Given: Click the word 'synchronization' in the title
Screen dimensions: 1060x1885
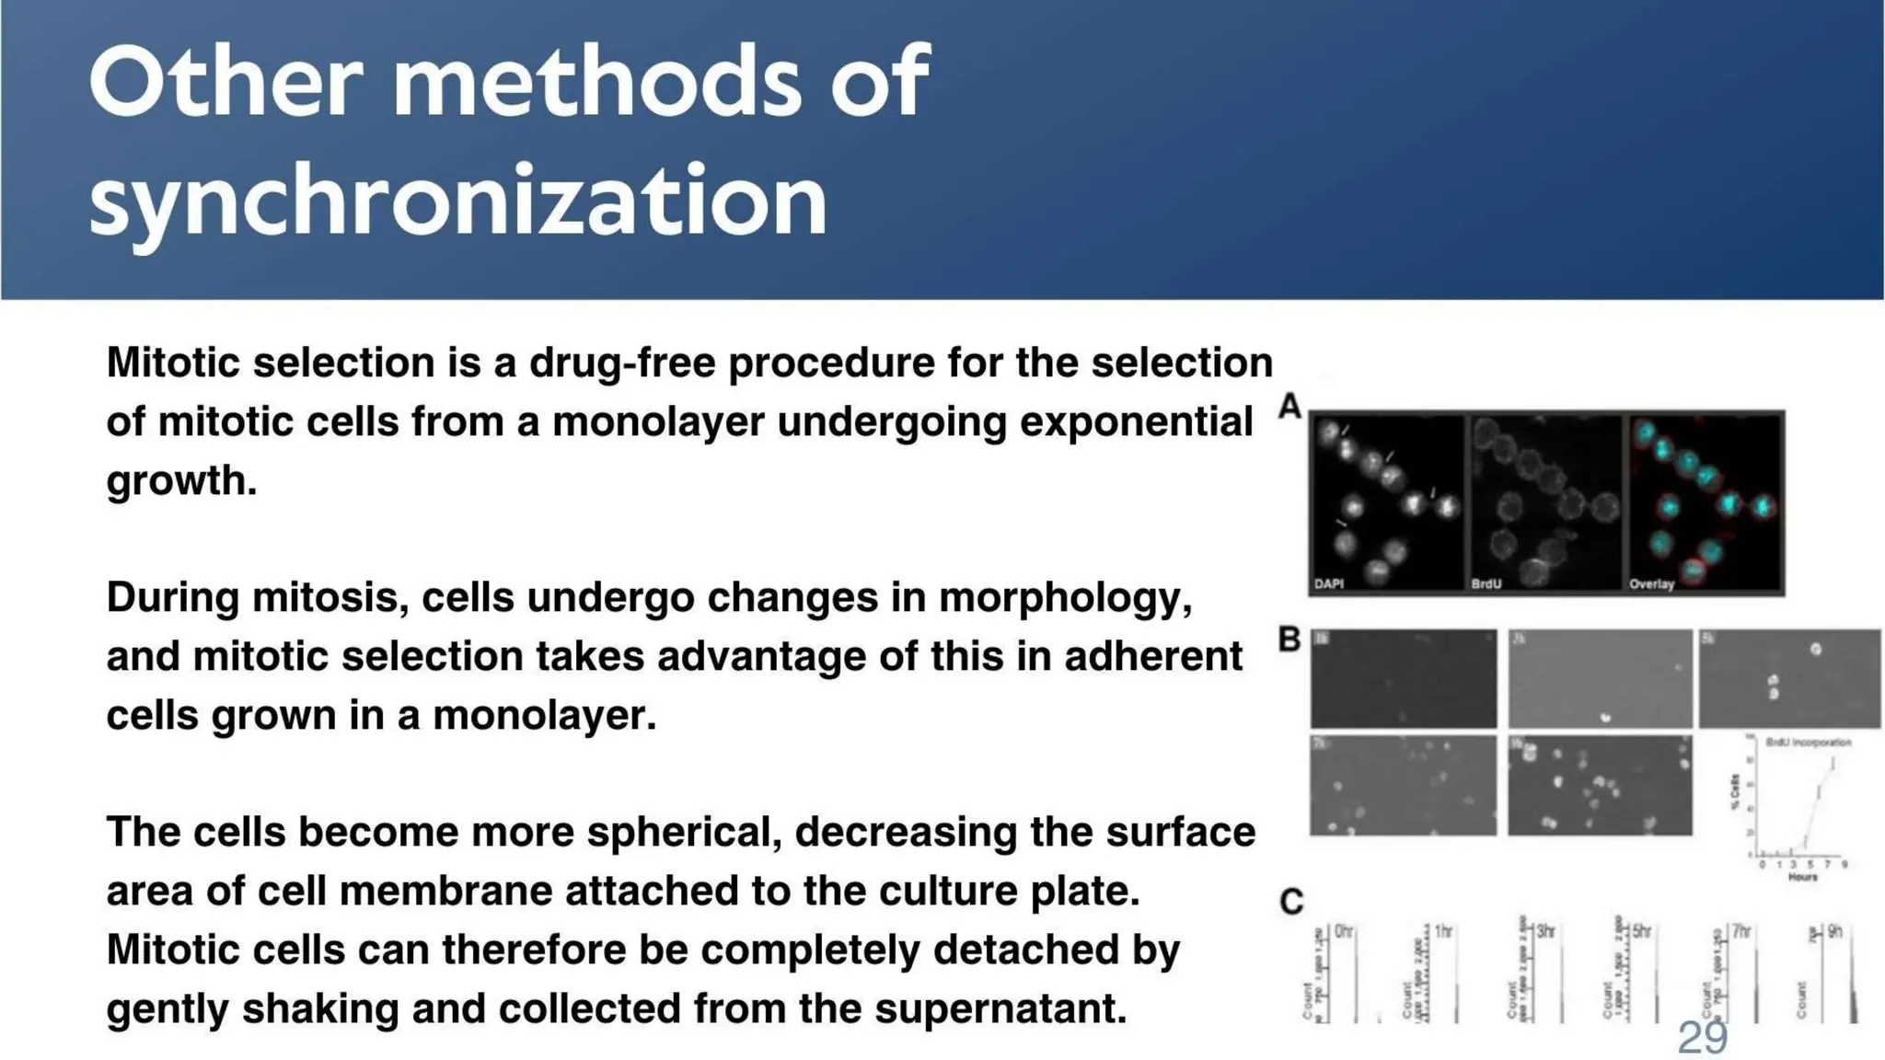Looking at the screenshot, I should (x=457, y=201).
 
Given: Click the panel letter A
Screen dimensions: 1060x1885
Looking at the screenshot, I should (x=1289, y=406).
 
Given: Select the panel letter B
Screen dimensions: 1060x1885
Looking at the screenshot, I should (x=1289, y=639).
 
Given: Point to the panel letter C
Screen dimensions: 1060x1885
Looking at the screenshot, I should (x=1290, y=901).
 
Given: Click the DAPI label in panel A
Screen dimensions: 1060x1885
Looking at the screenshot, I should (x=1329, y=583).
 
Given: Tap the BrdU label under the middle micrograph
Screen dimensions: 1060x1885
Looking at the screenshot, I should (x=1486, y=583).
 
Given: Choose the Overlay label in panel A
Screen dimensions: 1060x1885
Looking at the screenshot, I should (x=1651, y=583).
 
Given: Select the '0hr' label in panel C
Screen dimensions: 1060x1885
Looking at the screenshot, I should (x=1344, y=932).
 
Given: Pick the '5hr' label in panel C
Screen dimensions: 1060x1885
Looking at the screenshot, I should (x=1641, y=932).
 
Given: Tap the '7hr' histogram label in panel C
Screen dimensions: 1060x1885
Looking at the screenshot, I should (x=1740, y=932).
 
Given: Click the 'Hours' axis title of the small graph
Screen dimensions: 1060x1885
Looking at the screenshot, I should (x=1802, y=877).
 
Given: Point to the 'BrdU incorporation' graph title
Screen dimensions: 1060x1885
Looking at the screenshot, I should (x=1808, y=742).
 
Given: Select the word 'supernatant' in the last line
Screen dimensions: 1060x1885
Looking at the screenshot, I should (x=1000, y=1008).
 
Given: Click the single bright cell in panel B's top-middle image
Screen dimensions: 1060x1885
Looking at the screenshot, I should (x=1605, y=717).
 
